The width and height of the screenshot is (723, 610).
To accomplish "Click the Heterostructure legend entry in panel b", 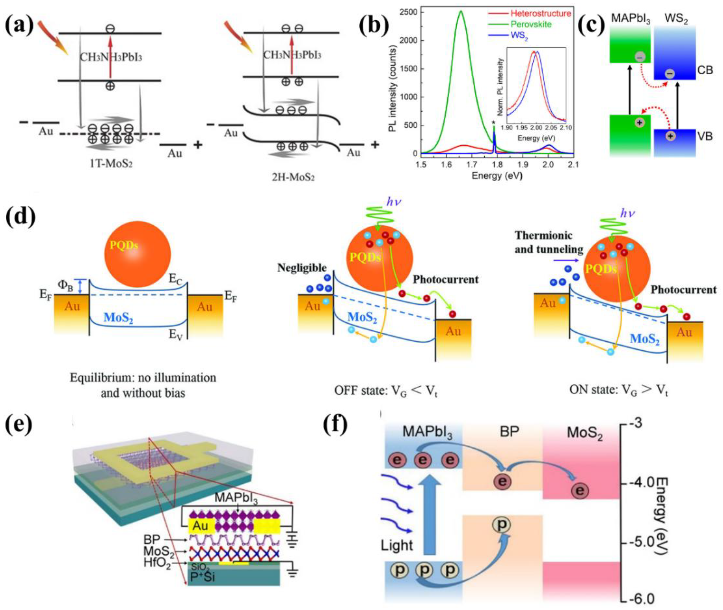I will [x=540, y=14].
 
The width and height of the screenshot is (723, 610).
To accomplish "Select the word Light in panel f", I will [x=397, y=546].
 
